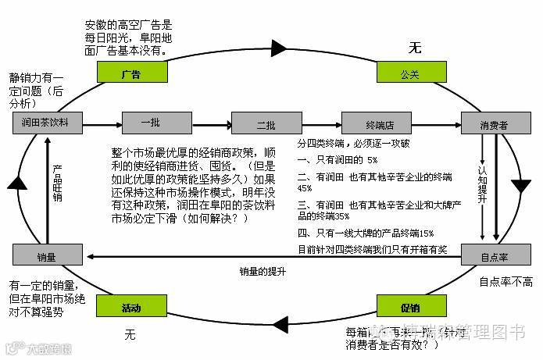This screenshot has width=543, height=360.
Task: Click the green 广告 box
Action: [x=131, y=73]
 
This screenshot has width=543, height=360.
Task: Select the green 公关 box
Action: [x=410, y=73]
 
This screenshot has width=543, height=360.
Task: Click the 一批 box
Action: [x=145, y=123]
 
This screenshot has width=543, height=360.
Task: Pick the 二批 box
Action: [x=255, y=123]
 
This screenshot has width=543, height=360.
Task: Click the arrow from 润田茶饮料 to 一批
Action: [x=101, y=123]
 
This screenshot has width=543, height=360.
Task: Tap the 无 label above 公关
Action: [x=414, y=48]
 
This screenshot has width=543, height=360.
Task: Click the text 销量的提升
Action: [x=263, y=271]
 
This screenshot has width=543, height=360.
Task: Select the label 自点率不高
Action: [x=505, y=280]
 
